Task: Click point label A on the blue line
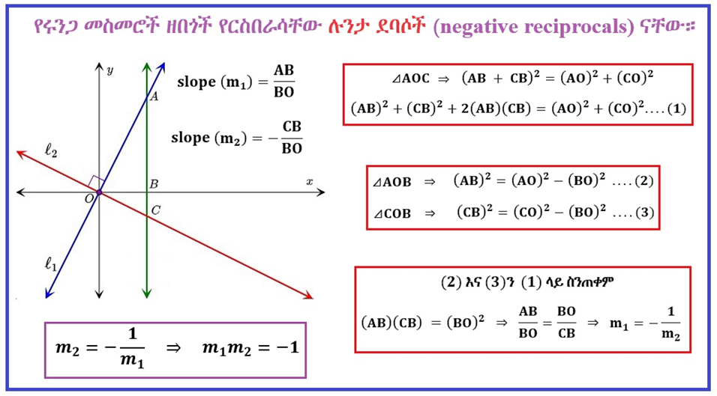(x=154, y=97)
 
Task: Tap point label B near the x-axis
(x=154, y=183)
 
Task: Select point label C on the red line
(x=155, y=210)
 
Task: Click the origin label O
(x=89, y=198)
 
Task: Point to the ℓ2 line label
(x=51, y=152)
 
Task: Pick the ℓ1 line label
(x=51, y=263)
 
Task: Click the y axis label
(x=110, y=70)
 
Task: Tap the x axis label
(x=308, y=182)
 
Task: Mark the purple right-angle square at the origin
(x=95, y=183)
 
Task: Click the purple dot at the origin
(x=99, y=193)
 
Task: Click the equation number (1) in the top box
(x=675, y=109)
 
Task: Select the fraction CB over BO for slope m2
(x=292, y=137)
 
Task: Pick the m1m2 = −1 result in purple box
(x=250, y=348)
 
